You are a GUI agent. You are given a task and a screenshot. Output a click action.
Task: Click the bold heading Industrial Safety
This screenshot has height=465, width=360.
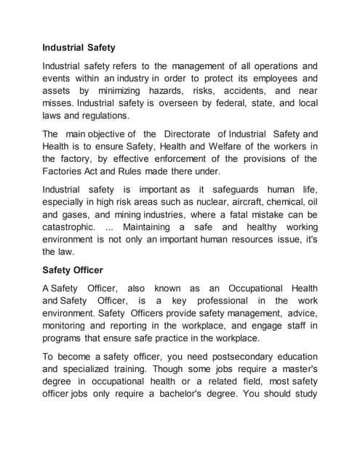point(79,49)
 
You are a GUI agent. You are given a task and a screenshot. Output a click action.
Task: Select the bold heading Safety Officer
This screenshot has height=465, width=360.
point(73,270)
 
